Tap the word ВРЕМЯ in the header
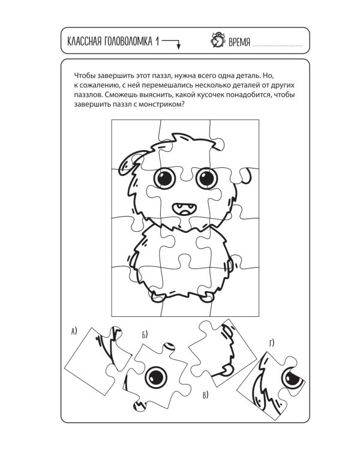tap(239, 42)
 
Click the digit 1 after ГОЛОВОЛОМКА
tap(157, 41)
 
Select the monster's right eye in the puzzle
tap(206, 178)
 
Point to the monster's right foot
tap(207, 296)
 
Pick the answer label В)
tap(206, 394)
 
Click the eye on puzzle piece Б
tap(157, 377)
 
